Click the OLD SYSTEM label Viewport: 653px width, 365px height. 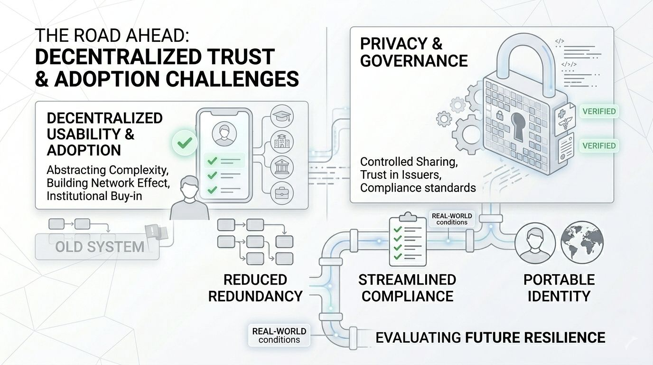[99, 247]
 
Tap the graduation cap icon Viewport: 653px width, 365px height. [281, 117]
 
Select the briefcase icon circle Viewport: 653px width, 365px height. [281, 193]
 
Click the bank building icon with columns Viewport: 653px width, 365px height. [281, 168]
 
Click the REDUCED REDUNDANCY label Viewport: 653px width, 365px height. [255, 288]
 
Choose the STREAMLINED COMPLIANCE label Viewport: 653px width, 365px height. [407, 288]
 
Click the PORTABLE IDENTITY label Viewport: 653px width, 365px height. [559, 288]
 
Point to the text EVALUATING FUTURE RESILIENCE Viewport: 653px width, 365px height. [490, 337]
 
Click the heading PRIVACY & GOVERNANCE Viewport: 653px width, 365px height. [413, 52]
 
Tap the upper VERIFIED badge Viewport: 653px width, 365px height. [598, 112]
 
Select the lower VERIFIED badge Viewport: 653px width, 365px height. [598, 145]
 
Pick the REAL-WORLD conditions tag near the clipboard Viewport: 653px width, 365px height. [452, 219]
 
